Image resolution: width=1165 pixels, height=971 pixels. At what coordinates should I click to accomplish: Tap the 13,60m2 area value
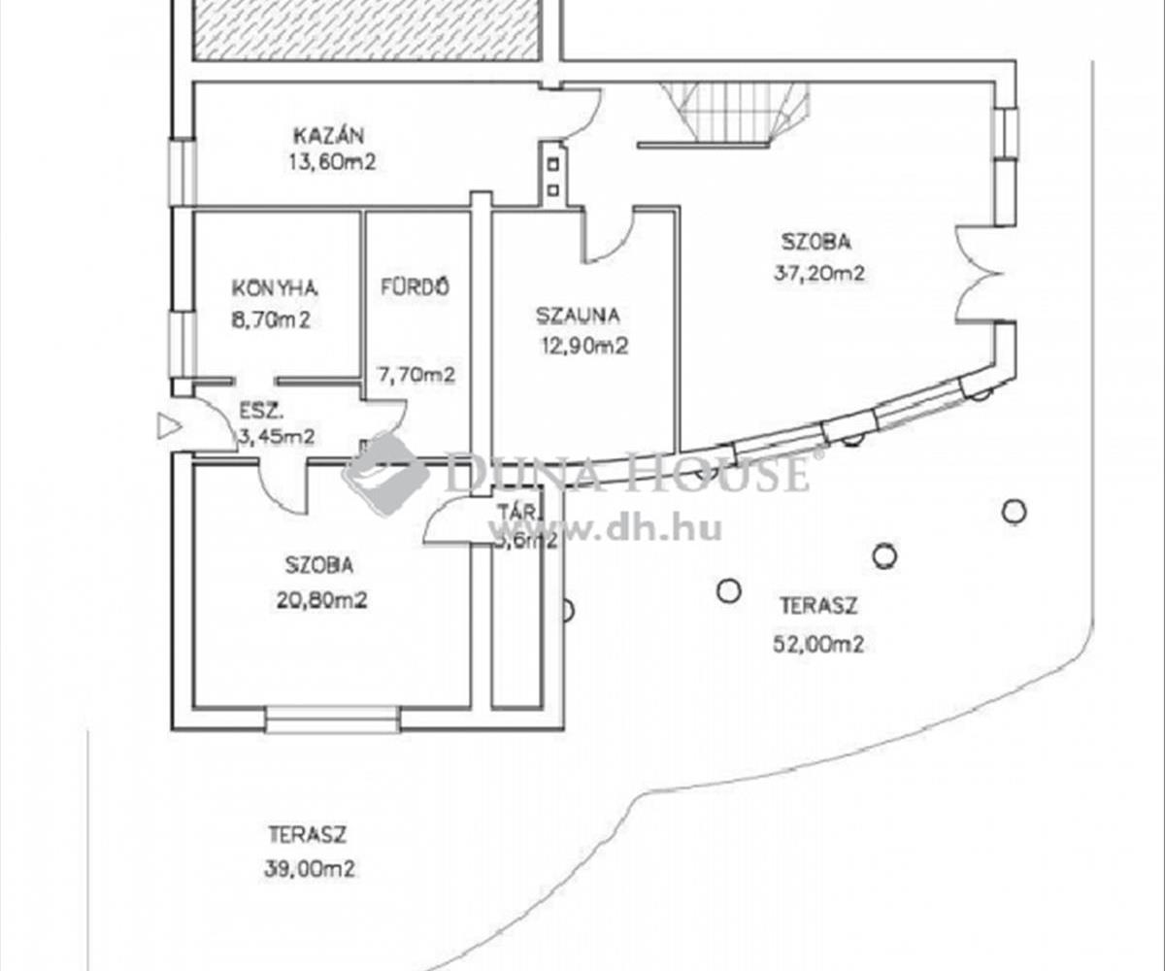click(331, 163)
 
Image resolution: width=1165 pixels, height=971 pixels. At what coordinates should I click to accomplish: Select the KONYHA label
click(275, 288)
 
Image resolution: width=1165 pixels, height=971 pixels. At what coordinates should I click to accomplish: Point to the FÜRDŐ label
click(415, 287)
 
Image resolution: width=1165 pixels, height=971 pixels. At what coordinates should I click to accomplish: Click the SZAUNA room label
click(578, 315)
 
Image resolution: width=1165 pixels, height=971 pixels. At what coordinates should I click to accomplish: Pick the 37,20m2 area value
click(818, 273)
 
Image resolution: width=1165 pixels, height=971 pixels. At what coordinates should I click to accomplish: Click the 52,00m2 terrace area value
click(817, 642)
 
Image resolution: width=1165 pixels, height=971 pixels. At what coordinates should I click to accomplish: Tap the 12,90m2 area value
click(582, 346)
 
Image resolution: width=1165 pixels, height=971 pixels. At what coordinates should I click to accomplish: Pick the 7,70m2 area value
click(418, 375)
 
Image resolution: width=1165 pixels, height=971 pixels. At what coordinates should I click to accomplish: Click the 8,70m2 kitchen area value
click(271, 319)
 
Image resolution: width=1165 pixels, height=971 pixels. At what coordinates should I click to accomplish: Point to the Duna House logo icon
click(384, 473)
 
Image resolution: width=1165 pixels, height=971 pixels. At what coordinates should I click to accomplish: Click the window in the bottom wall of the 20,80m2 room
click(332, 720)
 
